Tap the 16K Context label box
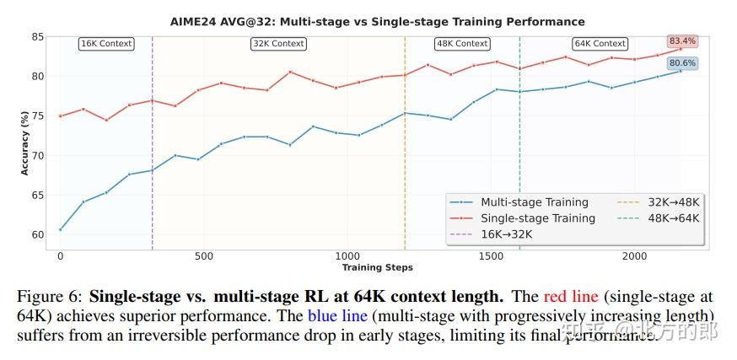(105, 43)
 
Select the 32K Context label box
(278, 43)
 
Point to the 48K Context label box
(461, 43)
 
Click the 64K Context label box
(600, 43)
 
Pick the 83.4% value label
(682, 40)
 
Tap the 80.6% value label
(682, 62)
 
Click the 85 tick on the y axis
(37, 37)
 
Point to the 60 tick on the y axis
(37, 234)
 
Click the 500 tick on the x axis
(203, 255)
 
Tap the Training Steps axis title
(377, 267)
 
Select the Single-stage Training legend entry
(537, 218)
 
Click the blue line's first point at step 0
(60, 229)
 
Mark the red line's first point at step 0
(60, 116)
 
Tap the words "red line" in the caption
(569, 297)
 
